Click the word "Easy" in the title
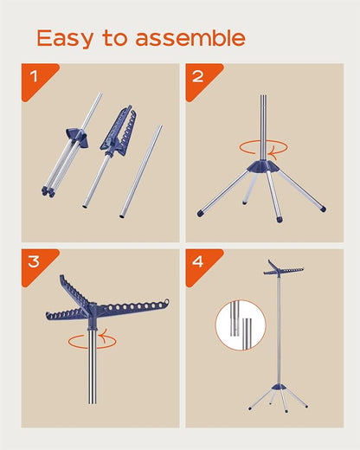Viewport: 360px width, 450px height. click(65, 38)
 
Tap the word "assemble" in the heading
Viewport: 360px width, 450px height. click(190, 38)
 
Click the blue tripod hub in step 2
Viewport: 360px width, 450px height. click(263, 166)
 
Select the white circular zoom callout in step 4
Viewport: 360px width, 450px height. click(241, 325)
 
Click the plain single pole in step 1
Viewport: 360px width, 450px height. click(141, 171)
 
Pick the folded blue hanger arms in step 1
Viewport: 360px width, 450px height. click(119, 131)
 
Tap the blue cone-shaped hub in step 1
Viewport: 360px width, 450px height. click(77, 138)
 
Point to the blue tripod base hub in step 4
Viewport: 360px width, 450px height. click(279, 387)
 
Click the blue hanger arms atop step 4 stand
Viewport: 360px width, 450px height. click(283, 269)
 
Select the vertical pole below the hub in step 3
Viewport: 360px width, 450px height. click(93, 367)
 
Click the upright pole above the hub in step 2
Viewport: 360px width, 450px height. click(263, 127)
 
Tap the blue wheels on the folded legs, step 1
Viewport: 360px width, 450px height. click(48, 191)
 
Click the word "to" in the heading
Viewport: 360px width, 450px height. click(114, 38)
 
